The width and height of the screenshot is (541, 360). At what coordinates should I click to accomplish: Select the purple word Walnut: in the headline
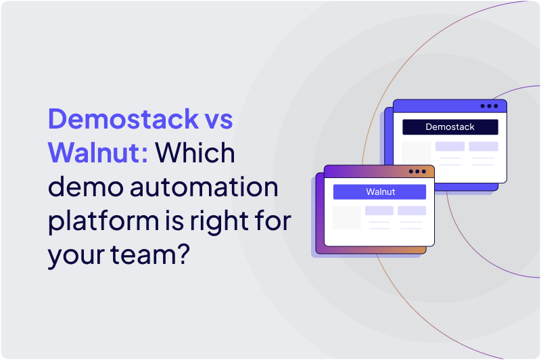98,154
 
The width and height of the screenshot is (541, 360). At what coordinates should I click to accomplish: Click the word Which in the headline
196,154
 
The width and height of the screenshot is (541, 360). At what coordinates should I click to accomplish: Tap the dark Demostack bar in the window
450,127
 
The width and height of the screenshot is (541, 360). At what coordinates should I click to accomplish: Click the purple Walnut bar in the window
379,192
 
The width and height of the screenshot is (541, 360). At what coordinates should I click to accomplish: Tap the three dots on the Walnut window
417,172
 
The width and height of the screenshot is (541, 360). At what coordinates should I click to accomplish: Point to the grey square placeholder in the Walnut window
347,218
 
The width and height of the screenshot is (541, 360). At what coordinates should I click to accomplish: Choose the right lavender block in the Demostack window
483,146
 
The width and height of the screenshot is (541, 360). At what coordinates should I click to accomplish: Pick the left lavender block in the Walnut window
379,210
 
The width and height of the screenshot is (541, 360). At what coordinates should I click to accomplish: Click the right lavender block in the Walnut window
411,210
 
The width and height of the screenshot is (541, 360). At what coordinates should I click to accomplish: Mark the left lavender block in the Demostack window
450,146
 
